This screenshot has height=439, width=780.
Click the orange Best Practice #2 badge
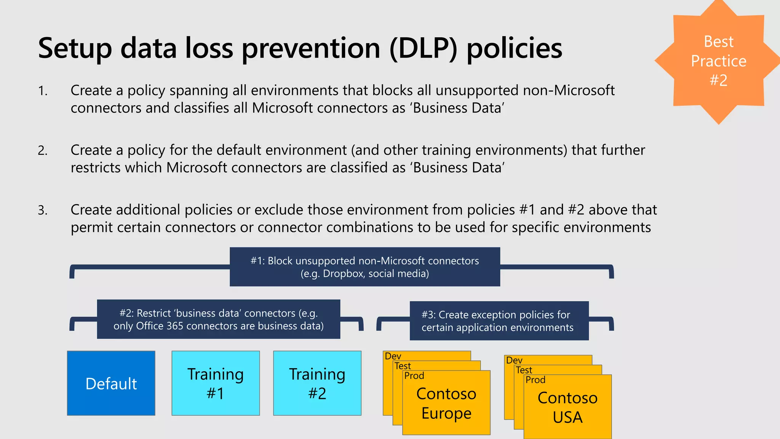pos(718,61)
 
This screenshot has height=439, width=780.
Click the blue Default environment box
pos(111,383)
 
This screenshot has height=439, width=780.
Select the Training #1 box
pos(216,383)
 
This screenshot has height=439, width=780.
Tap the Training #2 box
pos(317,383)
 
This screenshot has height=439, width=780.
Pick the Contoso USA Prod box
pos(567,407)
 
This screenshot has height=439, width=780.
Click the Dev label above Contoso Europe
pos(393,356)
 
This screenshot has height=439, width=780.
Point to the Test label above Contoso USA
pos(524,370)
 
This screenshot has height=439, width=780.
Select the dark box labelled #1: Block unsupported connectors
pos(364,267)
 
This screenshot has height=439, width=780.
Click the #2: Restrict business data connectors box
pos(218,319)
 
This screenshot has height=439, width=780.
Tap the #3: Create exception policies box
pos(499,321)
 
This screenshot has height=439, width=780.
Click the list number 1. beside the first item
pos(42,91)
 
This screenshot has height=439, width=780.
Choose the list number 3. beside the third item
pos(42,210)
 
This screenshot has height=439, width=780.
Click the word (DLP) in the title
pos(423,48)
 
